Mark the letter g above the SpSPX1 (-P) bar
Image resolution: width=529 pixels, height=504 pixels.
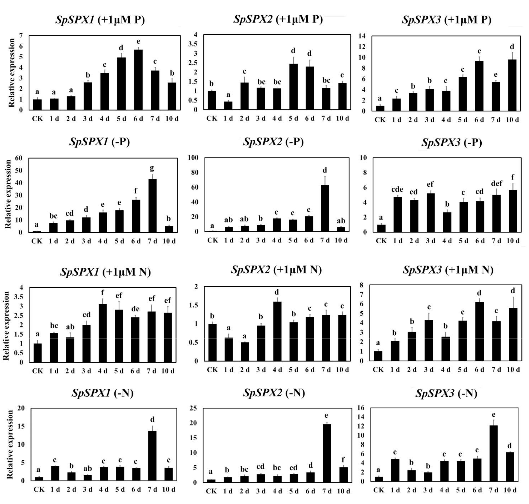point(152,168)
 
